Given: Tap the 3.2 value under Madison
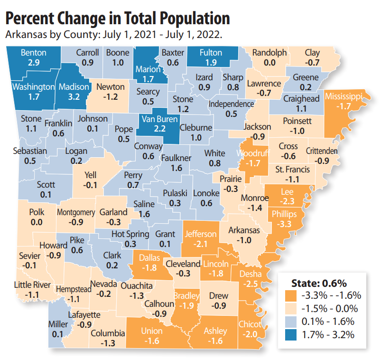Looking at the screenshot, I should coord(74,97).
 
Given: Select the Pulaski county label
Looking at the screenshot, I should coord(175,193).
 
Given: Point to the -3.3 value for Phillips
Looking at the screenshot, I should coord(284,224).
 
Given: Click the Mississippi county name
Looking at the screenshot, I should coord(344,97).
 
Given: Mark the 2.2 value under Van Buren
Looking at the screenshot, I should coord(159,129).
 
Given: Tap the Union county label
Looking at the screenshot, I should coord(151,331).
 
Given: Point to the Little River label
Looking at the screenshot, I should coord(32,285).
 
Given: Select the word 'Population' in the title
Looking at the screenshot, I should coord(195,19).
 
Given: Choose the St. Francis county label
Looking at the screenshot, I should coord(292,170).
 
